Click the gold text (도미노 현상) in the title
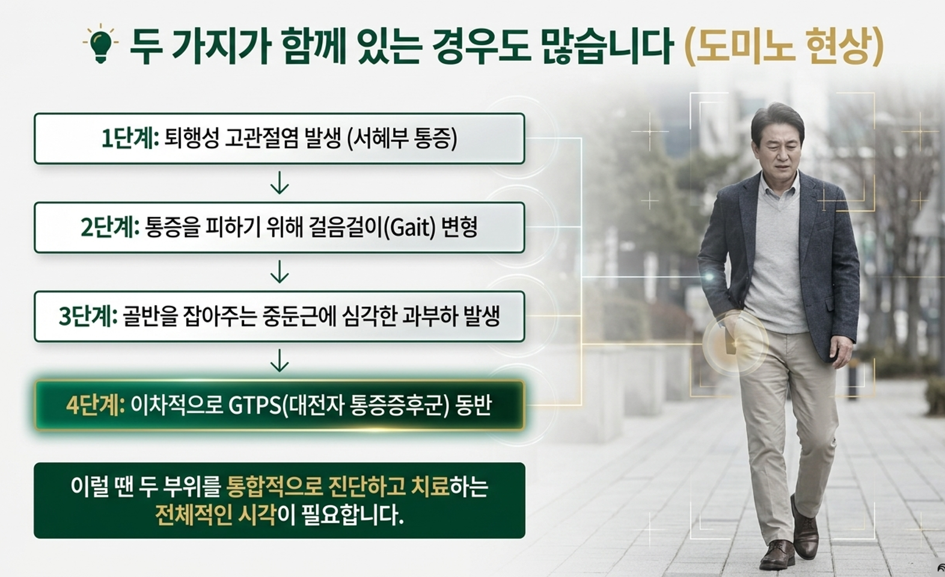click(783, 46)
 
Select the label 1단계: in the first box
click(130, 139)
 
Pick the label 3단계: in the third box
click(88, 316)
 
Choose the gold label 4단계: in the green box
click(96, 406)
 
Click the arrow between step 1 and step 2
click(280, 183)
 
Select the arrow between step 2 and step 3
click(280, 271)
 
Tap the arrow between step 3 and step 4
click(280, 360)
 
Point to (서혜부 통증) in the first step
click(401, 139)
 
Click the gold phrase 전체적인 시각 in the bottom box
click(215, 515)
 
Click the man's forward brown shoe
click(777, 554)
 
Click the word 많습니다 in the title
click(604, 46)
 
